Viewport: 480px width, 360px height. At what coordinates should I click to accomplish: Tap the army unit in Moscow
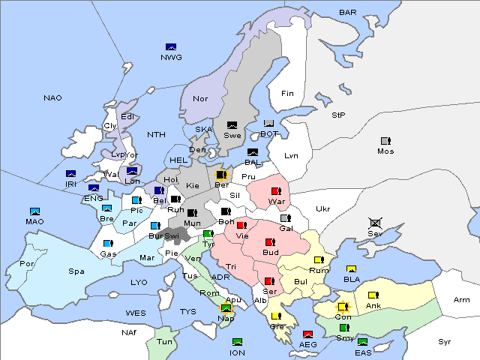click(x=385, y=141)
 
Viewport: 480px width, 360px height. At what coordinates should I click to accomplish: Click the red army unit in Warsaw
click(x=276, y=191)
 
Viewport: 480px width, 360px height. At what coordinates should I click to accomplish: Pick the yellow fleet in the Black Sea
click(x=351, y=269)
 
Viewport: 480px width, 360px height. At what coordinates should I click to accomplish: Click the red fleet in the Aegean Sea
click(x=307, y=334)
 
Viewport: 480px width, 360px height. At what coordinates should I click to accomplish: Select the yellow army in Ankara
click(x=373, y=295)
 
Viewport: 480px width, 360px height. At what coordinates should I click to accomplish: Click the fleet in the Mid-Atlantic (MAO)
click(x=34, y=212)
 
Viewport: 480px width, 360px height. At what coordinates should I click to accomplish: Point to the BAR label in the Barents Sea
click(x=348, y=13)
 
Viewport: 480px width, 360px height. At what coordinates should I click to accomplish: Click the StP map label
click(x=338, y=115)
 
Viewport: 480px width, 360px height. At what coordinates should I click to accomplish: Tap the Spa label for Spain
click(x=76, y=271)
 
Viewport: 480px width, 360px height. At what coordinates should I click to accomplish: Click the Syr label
click(x=445, y=341)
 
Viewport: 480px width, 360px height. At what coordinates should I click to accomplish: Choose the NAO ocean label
click(x=52, y=97)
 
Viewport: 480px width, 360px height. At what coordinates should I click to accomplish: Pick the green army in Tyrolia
click(x=208, y=234)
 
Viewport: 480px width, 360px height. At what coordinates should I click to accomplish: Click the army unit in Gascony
click(x=108, y=244)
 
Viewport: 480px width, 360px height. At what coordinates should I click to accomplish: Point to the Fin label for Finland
click(x=287, y=94)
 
